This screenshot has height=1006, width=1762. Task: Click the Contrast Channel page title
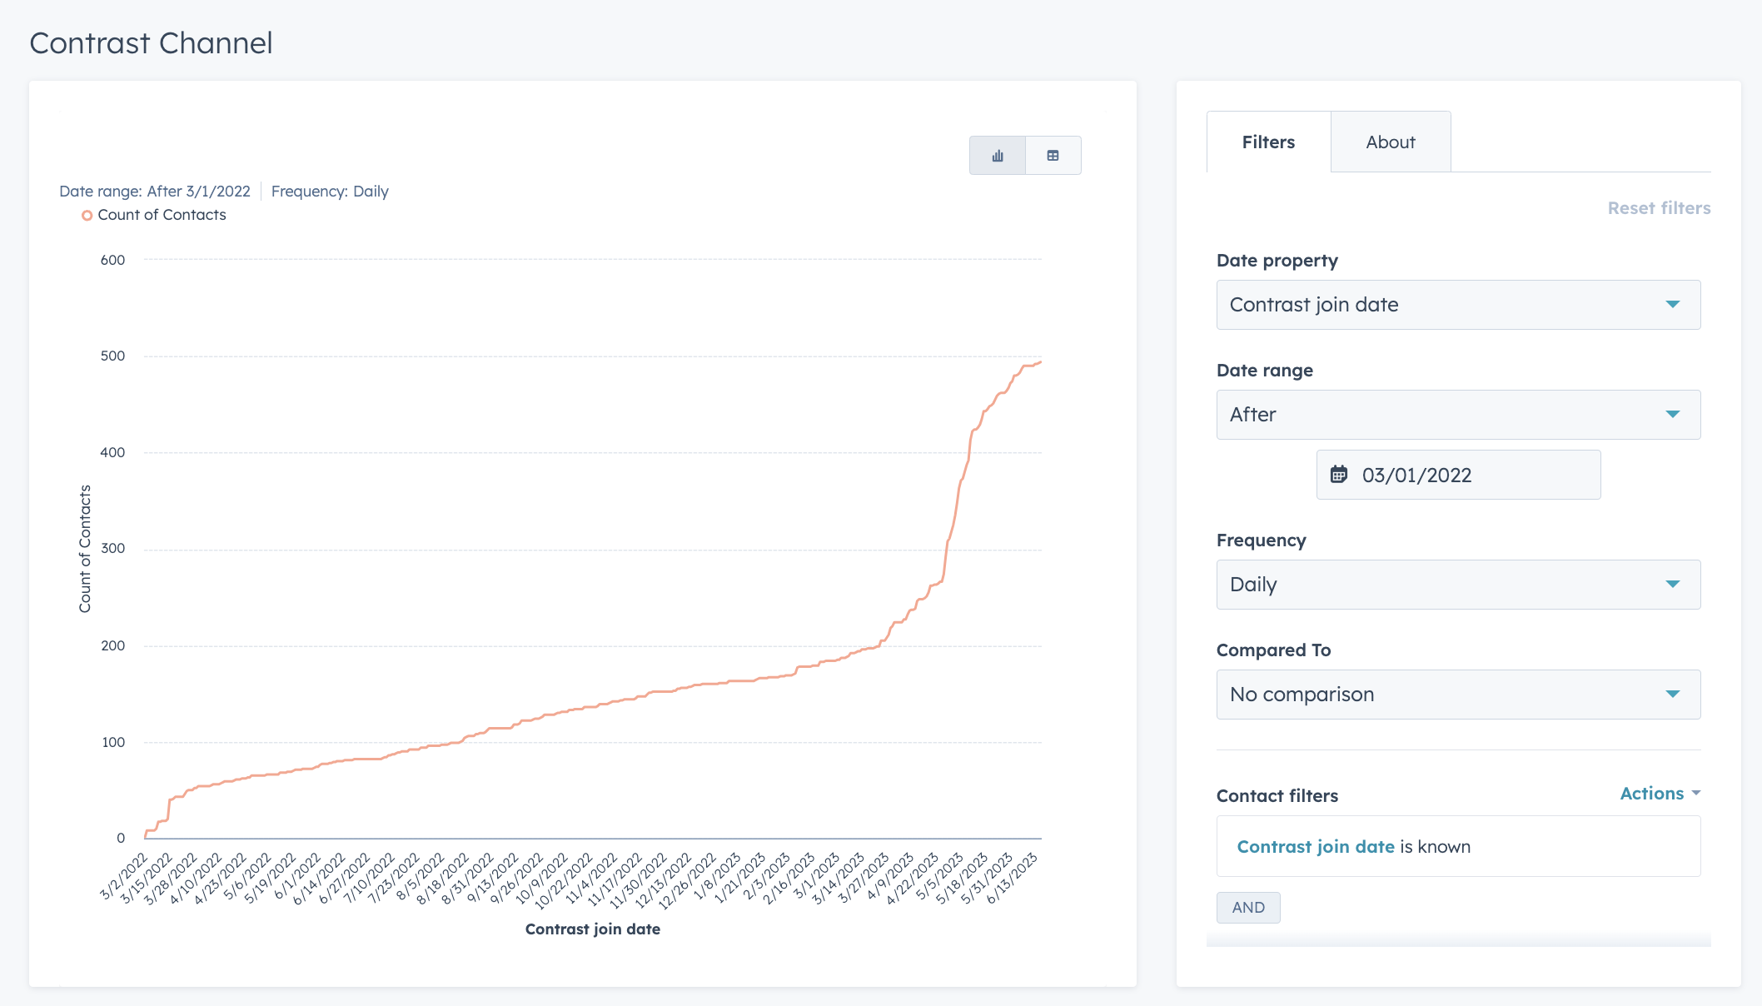[151, 43]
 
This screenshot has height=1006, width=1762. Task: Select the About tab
[1390, 142]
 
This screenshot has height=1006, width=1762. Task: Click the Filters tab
[1267, 142]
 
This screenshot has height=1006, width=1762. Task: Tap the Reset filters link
[1658, 208]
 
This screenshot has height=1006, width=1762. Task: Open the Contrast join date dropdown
[1457, 305]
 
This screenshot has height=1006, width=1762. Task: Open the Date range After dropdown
[1457, 415]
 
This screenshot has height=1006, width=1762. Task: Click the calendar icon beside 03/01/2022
[1338, 475]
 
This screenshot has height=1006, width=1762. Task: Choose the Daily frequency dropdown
[1457, 585]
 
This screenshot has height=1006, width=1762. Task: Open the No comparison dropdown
[1457, 695]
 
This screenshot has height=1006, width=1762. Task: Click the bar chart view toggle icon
[997, 156]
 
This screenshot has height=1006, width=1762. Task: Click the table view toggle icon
[1053, 156]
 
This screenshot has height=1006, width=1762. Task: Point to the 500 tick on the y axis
[112, 356]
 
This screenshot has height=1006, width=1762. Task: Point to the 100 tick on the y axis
[112, 742]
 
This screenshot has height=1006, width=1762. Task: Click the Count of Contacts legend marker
[87, 216]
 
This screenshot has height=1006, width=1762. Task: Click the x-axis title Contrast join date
[592, 929]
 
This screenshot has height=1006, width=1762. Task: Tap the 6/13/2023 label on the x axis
[1013, 879]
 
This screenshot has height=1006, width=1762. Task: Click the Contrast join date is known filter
[1353, 847]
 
